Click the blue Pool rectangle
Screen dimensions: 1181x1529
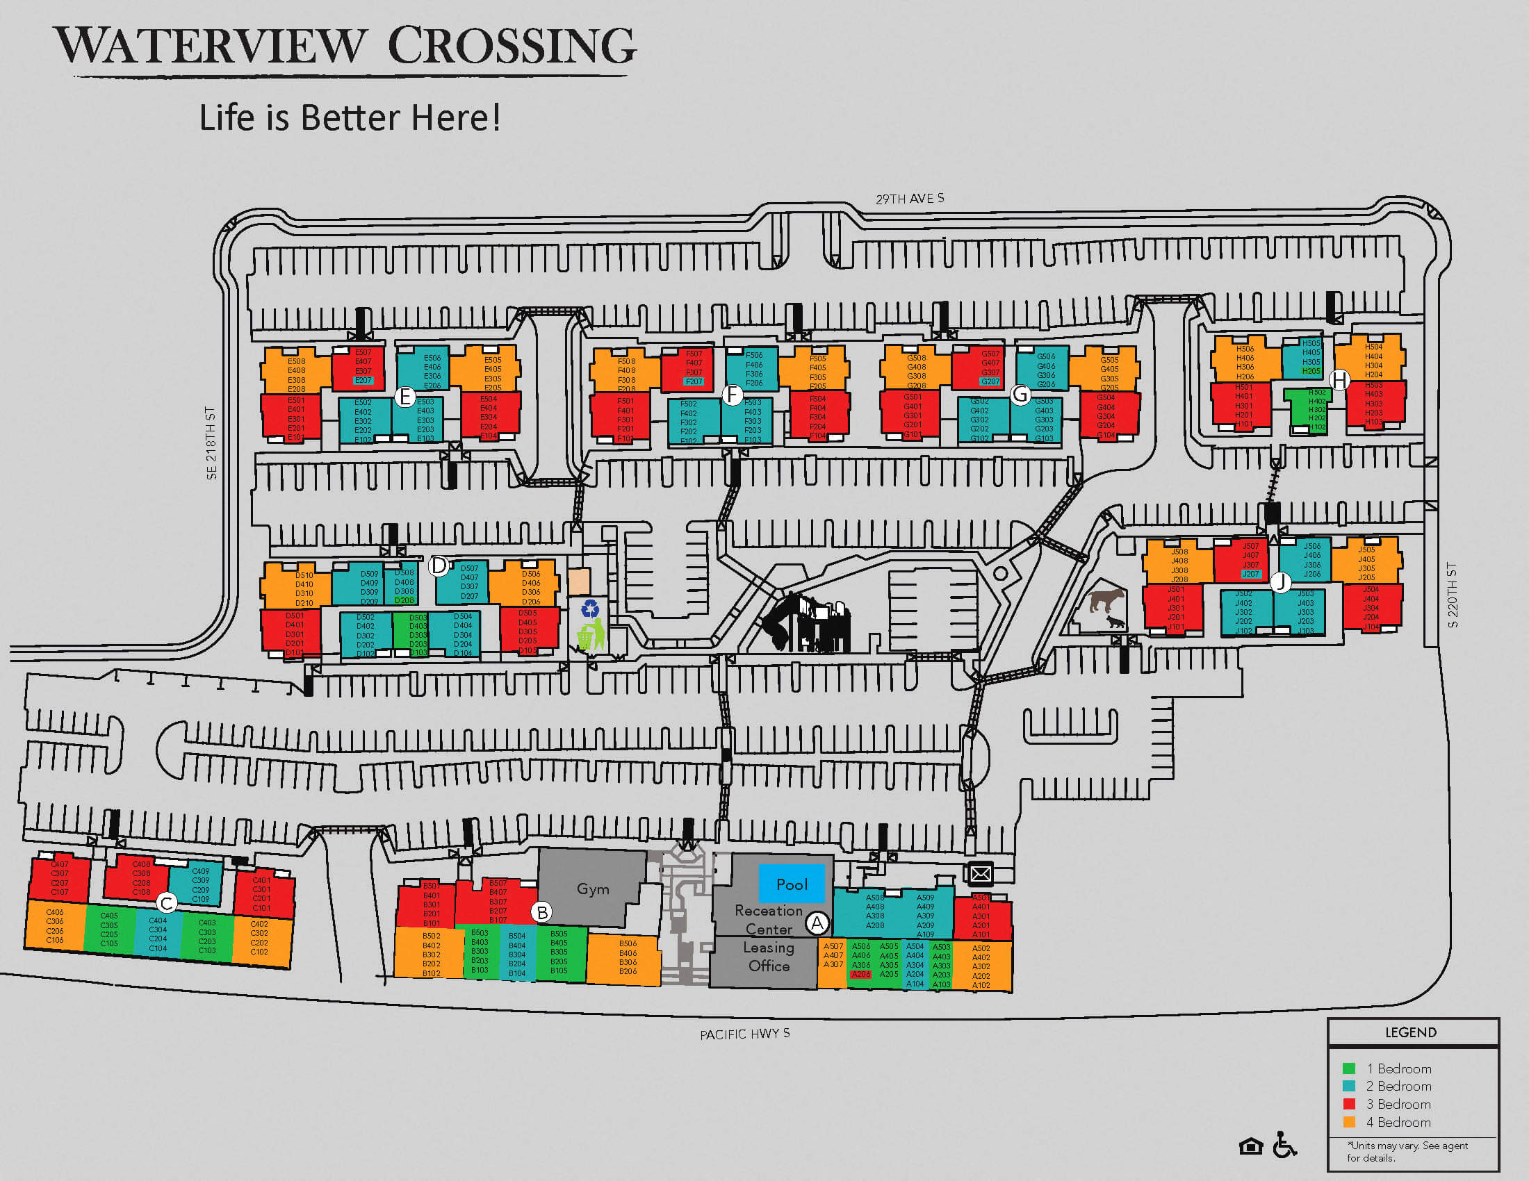(x=792, y=884)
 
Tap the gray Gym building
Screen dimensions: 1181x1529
(x=592, y=889)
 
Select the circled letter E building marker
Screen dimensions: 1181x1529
(x=404, y=397)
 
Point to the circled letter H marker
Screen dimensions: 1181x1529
(x=1339, y=380)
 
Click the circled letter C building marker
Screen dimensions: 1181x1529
(x=166, y=903)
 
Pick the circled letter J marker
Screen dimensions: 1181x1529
(x=1280, y=581)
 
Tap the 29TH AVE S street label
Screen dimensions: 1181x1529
(x=909, y=199)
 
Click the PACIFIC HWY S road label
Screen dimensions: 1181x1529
(x=744, y=1034)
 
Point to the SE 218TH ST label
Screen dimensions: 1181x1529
(x=211, y=443)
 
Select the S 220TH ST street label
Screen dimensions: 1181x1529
(x=1452, y=595)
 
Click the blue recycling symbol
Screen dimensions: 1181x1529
(x=590, y=608)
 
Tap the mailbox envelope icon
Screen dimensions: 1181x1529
(x=980, y=873)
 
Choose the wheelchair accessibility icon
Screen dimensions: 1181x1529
(x=1284, y=1146)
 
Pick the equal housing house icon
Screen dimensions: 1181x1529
(x=1250, y=1147)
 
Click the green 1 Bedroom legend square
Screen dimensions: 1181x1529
(x=1348, y=1068)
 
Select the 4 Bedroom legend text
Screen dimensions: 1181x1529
(x=1398, y=1122)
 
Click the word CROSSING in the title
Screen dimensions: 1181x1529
(x=511, y=46)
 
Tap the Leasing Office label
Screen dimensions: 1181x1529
(x=769, y=957)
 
